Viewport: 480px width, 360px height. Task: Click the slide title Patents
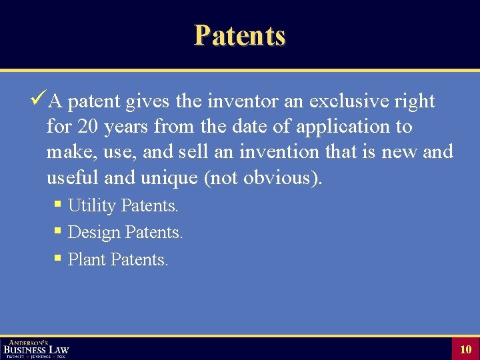239,35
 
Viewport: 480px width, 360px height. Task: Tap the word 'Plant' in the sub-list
87,259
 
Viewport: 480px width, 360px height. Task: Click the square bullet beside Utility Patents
59,205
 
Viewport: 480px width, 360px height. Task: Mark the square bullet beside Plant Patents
59,258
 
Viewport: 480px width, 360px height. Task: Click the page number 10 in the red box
465,349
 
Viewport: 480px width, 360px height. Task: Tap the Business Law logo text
36,349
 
